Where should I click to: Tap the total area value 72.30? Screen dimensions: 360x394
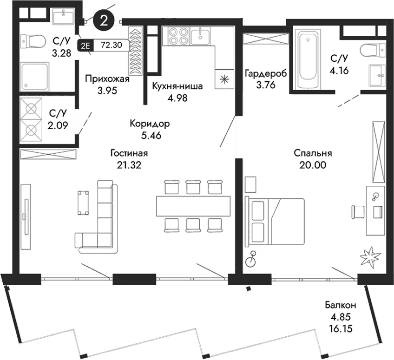[x=108, y=46]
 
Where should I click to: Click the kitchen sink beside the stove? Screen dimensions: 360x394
[x=201, y=34]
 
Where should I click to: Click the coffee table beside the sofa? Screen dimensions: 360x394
[x=84, y=203]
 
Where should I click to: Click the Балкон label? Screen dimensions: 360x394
[x=340, y=306]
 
